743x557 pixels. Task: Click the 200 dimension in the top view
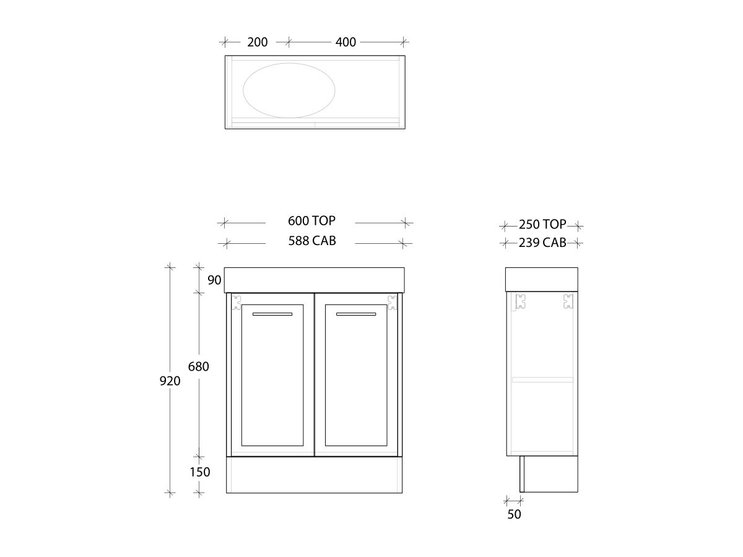tap(257, 42)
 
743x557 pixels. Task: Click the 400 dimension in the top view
tap(345, 42)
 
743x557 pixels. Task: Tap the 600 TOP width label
tap(311, 221)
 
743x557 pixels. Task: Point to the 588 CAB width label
tap(312, 241)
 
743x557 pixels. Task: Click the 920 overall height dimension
tap(170, 381)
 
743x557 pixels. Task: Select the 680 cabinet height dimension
tap(198, 366)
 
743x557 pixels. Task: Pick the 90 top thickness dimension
tap(214, 280)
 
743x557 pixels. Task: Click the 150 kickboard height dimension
tap(199, 472)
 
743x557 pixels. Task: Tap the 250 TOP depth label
tap(542, 225)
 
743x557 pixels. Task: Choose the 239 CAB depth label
tap(542, 243)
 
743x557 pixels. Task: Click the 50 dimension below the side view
tap(514, 514)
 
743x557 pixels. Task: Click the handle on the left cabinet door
tap(272, 314)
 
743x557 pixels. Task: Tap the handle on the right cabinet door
tap(356, 314)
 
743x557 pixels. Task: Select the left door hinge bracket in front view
tap(236, 302)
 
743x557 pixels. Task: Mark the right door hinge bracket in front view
tap(392, 302)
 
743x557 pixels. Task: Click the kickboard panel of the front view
tap(314, 475)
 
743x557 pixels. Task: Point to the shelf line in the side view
tap(542, 379)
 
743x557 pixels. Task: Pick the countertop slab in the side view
tap(542, 279)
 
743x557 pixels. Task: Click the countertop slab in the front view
tap(314, 280)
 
